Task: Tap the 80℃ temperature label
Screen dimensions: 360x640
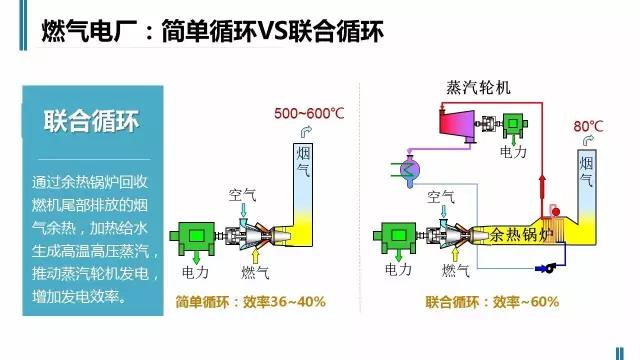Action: (x=589, y=127)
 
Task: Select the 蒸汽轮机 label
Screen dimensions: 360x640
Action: (x=478, y=88)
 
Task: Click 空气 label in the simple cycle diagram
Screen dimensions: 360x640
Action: (x=244, y=194)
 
